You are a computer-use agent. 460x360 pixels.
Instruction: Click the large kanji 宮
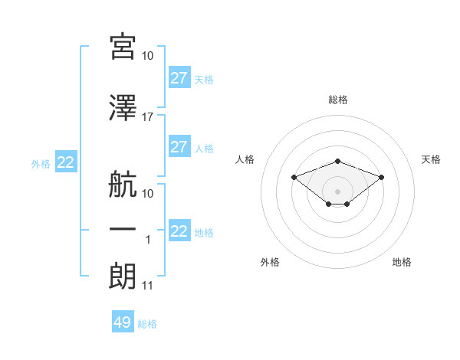coord(123,47)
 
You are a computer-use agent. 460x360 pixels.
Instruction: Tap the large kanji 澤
coord(123,108)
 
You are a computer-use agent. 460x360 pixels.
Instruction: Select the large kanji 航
coord(123,184)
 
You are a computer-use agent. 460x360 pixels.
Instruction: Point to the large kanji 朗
coord(123,277)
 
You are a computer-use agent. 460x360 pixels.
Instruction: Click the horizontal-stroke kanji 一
coord(123,229)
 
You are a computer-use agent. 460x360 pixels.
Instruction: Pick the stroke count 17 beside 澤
coord(147,117)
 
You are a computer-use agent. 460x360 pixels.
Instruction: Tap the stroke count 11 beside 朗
coord(147,286)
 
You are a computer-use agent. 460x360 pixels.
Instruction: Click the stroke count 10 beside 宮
coord(147,56)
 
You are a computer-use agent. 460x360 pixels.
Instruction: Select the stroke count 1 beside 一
coord(148,240)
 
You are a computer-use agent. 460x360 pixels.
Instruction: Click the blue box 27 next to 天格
coord(179,77)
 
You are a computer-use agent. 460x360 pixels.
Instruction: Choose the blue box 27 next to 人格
coord(179,146)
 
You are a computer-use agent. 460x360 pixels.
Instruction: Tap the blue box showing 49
coord(123,321)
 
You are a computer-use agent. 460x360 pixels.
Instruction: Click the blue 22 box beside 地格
coord(179,230)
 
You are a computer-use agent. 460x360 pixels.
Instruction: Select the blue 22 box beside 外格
coord(66,162)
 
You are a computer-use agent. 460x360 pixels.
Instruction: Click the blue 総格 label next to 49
coord(147,324)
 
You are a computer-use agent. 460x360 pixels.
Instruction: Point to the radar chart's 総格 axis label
coord(338,100)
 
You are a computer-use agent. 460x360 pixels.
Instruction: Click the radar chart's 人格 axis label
coord(245,159)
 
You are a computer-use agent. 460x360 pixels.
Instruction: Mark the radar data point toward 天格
coord(381,178)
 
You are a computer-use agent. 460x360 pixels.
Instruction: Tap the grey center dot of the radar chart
coord(337,191)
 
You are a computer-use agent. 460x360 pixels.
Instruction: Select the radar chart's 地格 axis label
coord(402,262)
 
